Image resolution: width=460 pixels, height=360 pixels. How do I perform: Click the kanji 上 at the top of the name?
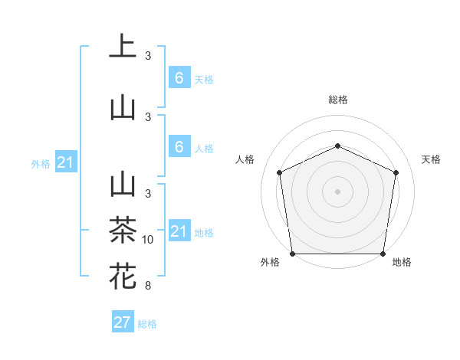pos(123,47)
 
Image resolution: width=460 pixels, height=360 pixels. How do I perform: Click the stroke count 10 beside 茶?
pos(148,240)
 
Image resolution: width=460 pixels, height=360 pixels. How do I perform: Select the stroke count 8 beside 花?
pos(148,286)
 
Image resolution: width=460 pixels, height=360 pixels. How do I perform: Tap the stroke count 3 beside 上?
pos(148,56)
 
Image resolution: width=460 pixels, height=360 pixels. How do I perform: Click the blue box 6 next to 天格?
pos(179,78)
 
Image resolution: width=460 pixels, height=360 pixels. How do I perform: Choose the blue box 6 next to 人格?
pos(179,147)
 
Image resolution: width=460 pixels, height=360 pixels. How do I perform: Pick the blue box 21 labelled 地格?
pos(179,231)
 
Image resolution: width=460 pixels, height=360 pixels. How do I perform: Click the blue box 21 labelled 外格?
pos(66,162)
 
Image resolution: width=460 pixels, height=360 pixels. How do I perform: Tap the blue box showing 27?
pos(122,322)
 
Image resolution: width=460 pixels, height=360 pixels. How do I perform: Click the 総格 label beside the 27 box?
pos(147,324)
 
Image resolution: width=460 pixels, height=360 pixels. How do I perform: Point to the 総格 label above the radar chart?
pos(337,100)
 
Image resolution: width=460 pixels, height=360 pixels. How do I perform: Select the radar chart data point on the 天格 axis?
pos(396,172)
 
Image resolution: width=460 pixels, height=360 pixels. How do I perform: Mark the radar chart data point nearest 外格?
pos(292,254)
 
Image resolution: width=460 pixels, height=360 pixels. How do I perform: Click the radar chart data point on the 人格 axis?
pos(279,172)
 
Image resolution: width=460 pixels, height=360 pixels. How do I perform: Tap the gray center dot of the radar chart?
pos(337,191)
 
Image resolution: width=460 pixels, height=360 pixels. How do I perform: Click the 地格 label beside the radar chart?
pos(402,262)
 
